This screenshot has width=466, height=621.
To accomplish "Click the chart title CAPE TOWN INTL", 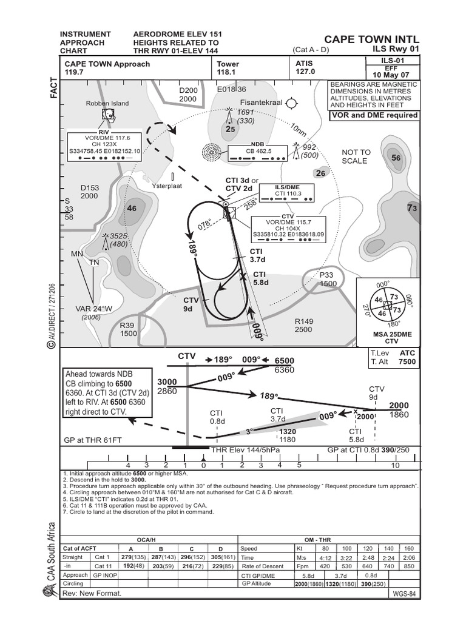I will [x=371, y=38].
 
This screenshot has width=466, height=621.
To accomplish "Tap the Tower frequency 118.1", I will [x=228, y=72].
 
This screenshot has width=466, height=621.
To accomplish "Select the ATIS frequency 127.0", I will [x=306, y=72].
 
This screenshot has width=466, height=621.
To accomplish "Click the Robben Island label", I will [x=107, y=103].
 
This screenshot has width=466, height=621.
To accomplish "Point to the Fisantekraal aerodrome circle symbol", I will [x=292, y=103].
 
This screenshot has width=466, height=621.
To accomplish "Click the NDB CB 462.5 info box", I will [x=258, y=152].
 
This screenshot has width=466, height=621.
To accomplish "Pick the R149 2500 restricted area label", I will [x=303, y=326].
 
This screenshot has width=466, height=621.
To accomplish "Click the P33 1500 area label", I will [x=328, y=279].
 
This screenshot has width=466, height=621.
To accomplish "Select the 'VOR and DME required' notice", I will [x=374, y=115].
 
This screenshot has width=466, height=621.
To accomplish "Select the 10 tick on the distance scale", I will [x=395, y=465].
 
